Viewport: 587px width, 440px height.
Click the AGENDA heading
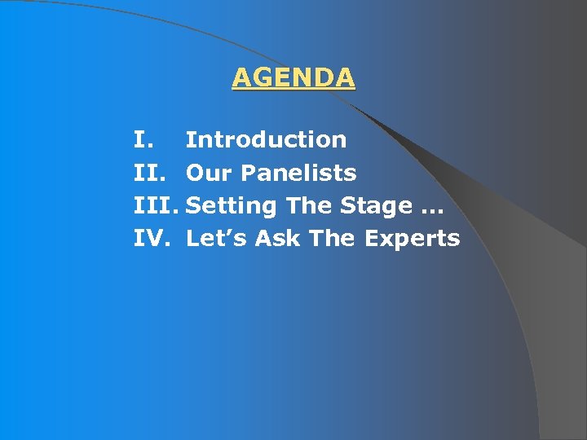pos(293,77)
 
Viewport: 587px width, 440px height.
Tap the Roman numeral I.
pos(141,140)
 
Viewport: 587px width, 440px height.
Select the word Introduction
pos(266,140)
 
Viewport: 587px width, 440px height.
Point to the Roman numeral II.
pos(148,173)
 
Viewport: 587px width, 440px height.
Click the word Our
pos(209,173)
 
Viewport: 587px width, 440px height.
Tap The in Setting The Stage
pos(309,205)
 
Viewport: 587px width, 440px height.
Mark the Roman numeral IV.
pos(151,239)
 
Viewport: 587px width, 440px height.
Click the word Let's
pos(217,239)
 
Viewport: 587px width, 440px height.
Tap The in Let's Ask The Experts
pos(333,239)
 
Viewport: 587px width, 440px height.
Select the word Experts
pos(412,240)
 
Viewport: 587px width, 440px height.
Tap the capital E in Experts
pos(371,239)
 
